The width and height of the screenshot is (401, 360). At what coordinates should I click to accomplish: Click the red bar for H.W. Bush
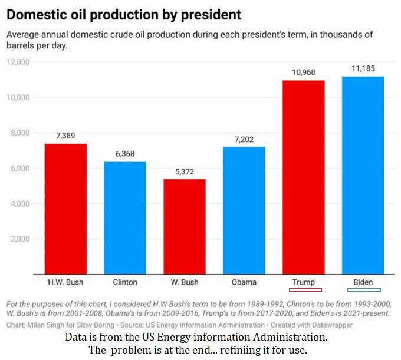pos(65,209)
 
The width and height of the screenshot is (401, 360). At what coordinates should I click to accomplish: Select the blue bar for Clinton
pos(125,218)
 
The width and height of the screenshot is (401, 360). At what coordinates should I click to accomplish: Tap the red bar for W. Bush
pos(185,227)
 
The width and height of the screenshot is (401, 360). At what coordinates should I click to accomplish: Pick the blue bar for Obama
pos(244,210)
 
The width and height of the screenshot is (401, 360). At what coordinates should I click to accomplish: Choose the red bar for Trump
pos(304,177)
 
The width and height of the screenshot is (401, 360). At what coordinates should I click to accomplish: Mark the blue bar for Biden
pos(363,175)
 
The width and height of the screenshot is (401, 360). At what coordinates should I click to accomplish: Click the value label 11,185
pos(363,69)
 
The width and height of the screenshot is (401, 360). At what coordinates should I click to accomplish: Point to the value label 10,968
pos(304,72)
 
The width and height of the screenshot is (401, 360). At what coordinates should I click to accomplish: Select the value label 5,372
pos(185,171)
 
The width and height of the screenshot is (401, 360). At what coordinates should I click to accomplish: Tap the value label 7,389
pos(65,136)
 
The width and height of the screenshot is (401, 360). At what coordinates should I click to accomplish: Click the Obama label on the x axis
pos(244,282)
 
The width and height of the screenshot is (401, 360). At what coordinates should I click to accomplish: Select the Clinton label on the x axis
pos(125,282)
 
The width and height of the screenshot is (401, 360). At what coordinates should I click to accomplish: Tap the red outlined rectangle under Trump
pos(305,290)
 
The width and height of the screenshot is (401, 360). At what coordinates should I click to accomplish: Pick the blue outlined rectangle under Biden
pos(364,290)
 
